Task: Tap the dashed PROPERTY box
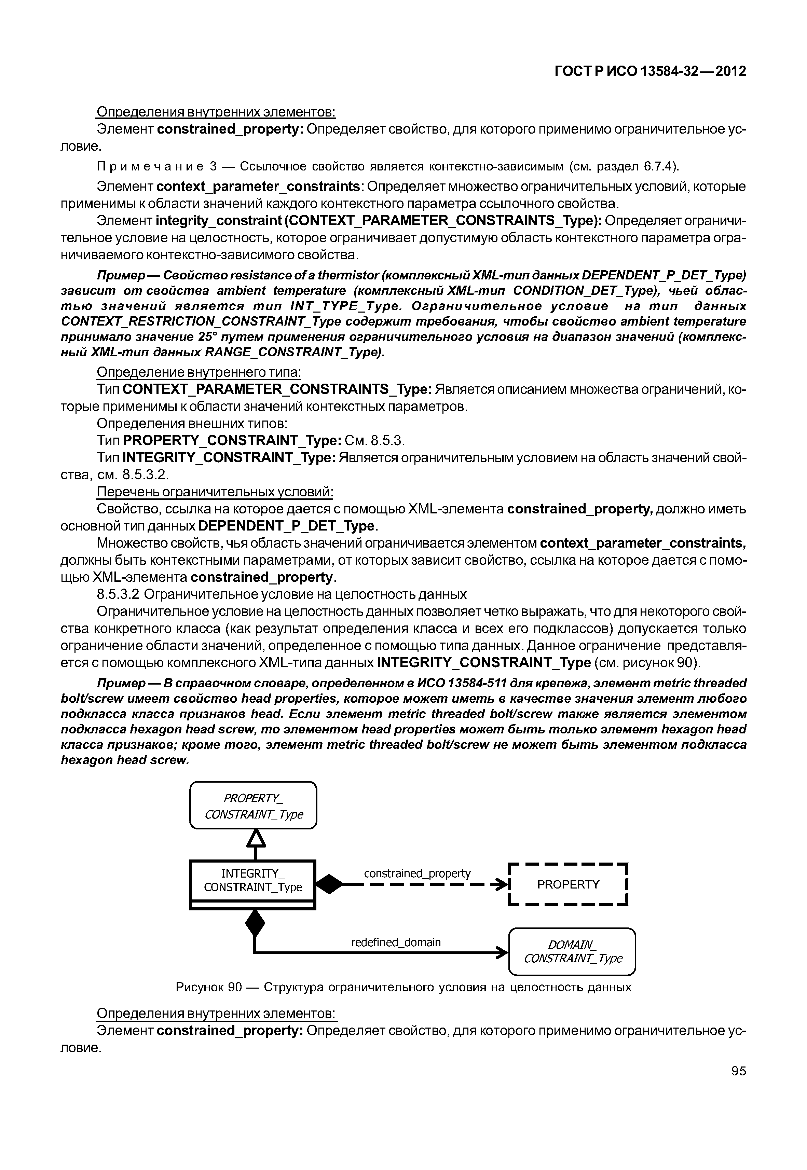click(x=568, y=884)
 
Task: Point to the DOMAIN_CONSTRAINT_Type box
click(x=572, y=951)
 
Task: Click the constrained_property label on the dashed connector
click(x=417, y=873)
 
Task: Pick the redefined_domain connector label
click(x=396, y=942)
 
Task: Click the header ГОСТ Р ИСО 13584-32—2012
click(x=650, y=71)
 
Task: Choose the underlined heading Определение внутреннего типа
click(x=199, y=373)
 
